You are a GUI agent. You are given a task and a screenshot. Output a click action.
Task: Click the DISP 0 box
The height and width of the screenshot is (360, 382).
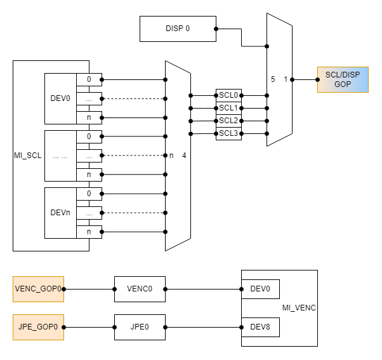(x=178, y=29)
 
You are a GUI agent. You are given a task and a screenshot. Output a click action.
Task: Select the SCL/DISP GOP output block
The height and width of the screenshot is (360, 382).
(x=342, y=79)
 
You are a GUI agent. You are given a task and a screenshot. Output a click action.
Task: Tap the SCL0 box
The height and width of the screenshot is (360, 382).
(x=228, y=95)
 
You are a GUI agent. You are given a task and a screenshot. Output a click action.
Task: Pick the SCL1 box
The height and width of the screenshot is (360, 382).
(x=228, y=107)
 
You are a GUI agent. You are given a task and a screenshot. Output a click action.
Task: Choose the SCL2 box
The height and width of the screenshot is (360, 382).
(x=228, y=120)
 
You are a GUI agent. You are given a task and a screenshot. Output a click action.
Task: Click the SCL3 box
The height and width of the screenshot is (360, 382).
(x=228, y=133)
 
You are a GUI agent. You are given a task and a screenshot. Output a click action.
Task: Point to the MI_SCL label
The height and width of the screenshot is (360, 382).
(x=27, y=156)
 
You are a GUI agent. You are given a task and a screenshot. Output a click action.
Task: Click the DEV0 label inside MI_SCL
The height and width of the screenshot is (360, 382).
(x=60, y=98)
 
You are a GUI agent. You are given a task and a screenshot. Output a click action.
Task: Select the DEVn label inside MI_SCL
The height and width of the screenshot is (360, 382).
(x=60, y=213)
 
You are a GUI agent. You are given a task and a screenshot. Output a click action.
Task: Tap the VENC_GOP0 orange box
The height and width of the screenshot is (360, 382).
(x=38, y=289)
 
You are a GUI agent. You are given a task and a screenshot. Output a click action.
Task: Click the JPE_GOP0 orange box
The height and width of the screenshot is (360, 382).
(x=38, y=327)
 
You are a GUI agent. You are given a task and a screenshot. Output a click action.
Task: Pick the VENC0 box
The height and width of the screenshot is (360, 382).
(x=140, y=289)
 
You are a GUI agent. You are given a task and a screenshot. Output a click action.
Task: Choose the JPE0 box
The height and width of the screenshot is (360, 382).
(x=140, y=327)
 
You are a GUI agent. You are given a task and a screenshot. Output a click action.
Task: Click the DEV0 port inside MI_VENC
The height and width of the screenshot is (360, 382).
(x=260, y=289)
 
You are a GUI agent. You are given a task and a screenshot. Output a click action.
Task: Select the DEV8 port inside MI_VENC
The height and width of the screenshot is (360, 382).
(x=260, y=327)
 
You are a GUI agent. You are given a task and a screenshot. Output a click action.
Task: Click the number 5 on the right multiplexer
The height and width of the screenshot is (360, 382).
(x=273, y=79)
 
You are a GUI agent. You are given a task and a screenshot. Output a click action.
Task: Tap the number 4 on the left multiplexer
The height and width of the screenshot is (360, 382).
(x=184, y=156)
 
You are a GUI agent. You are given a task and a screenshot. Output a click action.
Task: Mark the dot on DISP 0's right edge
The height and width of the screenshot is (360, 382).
(x=216, y=29)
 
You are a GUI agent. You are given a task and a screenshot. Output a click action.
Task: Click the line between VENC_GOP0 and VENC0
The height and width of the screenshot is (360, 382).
(x=89, y=289)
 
